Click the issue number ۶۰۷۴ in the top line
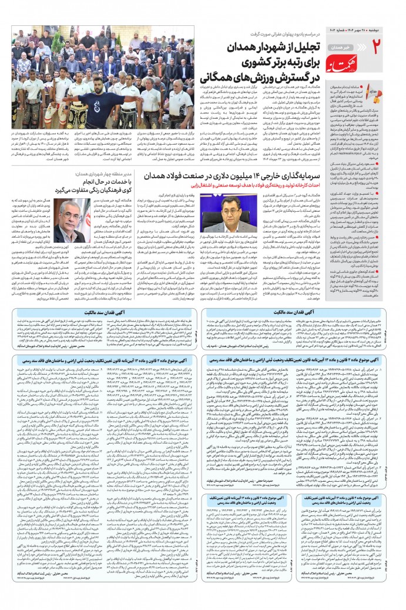pos(345,12)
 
